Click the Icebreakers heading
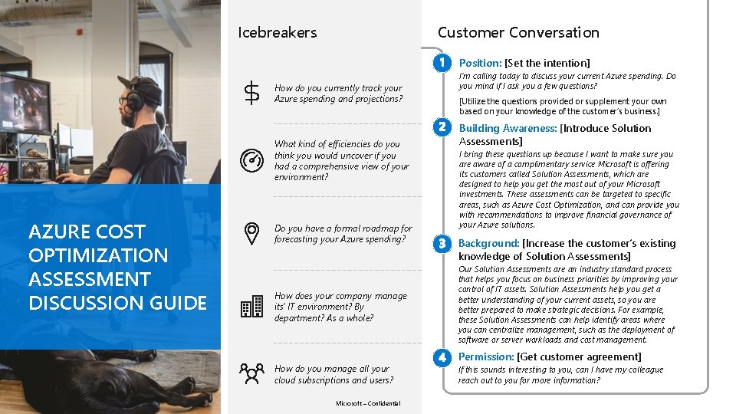pos(277,32)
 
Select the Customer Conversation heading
pos(518,32)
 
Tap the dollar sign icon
pos(251,94)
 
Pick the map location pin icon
pos(251,234)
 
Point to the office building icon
pos(251,307)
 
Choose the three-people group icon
pos(251,373)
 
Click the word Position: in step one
pos(480,63)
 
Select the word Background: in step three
pos(488,244)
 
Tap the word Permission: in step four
pos(486,356)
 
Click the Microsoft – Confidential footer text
pos(367,404)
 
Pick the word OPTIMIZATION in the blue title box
pos(97,255)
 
